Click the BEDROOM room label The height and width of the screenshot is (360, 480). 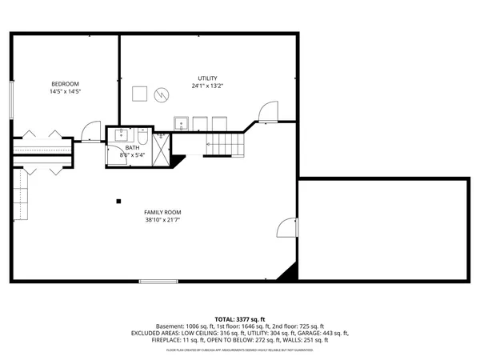coord(66,84)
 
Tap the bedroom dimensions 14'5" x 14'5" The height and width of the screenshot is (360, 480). coord(66,92)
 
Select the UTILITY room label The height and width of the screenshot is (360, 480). coord(208,78)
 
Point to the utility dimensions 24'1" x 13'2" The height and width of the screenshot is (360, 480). coord(208,86)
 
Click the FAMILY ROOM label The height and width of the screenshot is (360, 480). coord(162,212)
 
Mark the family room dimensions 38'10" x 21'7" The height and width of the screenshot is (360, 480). coord(162,220)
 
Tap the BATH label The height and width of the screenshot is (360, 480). coord(132,148)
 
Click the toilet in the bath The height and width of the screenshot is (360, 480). coord(142,135)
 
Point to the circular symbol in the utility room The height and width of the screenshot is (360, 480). coord(162,95)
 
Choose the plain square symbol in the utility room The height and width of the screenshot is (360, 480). coord(139,94)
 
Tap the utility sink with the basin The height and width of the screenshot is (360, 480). coord(182,122)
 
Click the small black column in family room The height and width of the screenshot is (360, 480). coord(118,201)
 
